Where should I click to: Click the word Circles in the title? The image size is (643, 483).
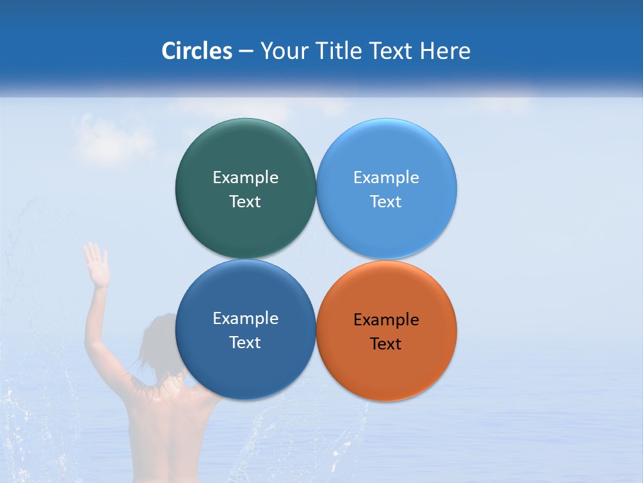point(197,51)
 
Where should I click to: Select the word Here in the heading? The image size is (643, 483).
point(445,51)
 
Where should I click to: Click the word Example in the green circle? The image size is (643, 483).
point(245,178)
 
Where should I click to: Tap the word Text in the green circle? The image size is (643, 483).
point(245,202)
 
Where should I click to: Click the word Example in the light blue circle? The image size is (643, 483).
point(386,178)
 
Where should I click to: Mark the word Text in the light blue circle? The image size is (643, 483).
point(386,202)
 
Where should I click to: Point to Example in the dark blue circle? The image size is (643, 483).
point(245,319)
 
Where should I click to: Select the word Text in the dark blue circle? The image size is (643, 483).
point(245,343)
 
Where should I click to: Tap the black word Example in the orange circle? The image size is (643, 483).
point(386,320)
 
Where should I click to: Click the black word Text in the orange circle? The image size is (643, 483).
point(386,344)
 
